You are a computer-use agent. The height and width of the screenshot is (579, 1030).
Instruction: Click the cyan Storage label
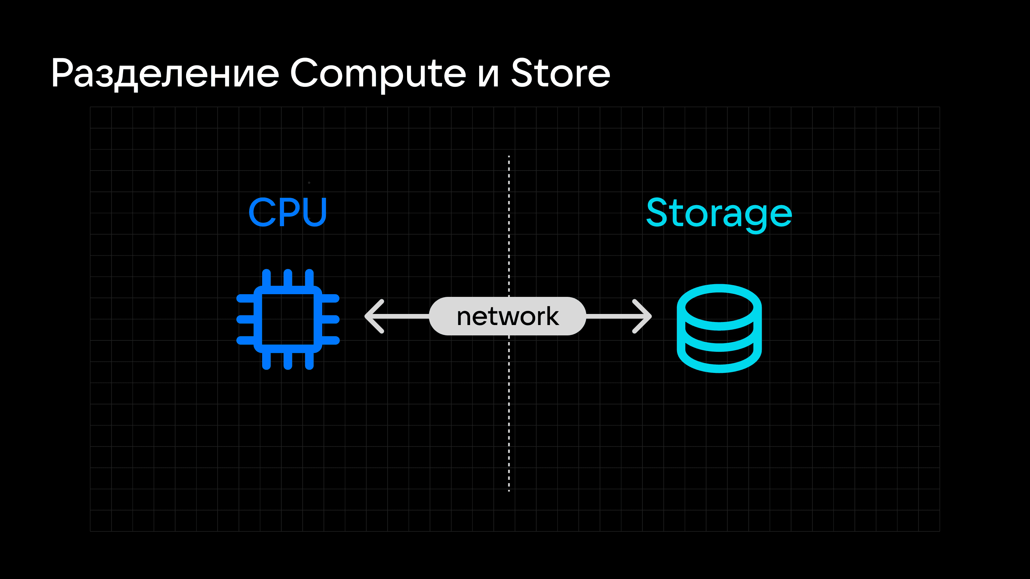[x=719, y=213]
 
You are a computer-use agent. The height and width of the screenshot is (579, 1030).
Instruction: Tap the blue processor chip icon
[x=288, y=319]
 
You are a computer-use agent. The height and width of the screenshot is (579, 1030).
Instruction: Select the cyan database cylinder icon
[x=719, y=328]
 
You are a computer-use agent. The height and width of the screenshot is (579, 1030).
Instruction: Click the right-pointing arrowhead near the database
[x=642, y=316]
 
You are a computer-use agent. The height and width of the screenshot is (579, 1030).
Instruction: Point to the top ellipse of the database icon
[x=719, y=307]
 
